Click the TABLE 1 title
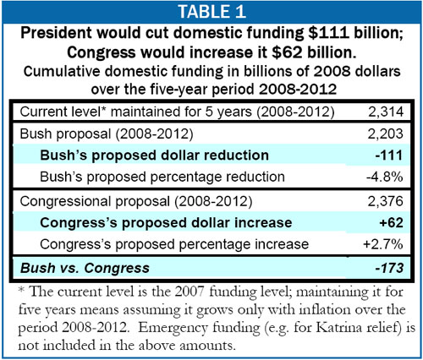click(211, 12)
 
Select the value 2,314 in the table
click(386, 112)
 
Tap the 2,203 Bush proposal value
click(385, 134)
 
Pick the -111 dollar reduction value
click(389, 155)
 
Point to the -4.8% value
click(384, 177)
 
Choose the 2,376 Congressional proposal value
click(385, 201)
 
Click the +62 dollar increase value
click(391, 222)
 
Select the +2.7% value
click(383, 244)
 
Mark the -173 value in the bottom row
click(389, 268)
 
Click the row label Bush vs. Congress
click(85, 268)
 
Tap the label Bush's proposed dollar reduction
click(154, 155)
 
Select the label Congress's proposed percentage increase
click(174, 244)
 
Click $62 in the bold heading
click(287, 52)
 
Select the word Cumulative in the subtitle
click(62, 71)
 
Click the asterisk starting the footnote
click(22, 290)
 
